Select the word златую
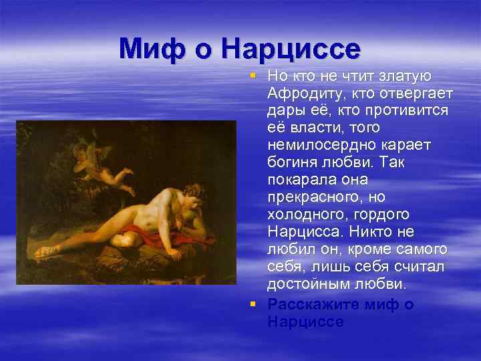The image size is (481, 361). tap(410, 75)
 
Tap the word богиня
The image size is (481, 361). tap(292, 162)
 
